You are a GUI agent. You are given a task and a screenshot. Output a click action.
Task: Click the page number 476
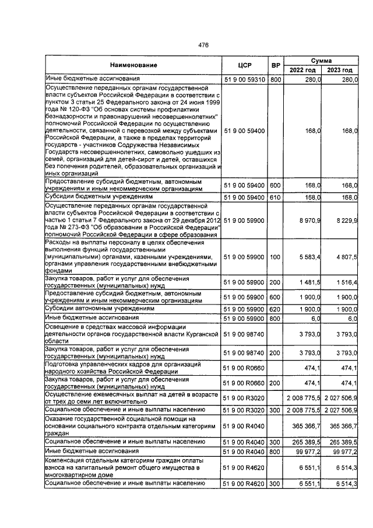(x=203, y=45)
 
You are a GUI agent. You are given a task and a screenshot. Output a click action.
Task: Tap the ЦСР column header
(x=244, y=65)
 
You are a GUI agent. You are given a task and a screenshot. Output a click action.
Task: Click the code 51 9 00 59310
(x=244, y=79)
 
